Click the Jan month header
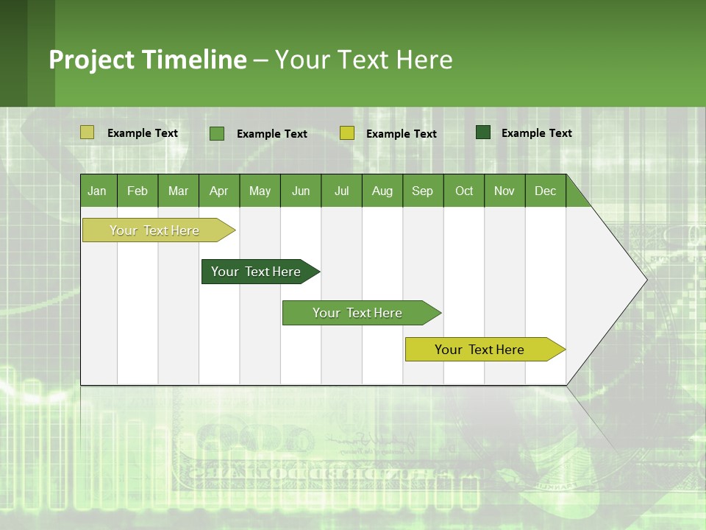(x=97, y=191)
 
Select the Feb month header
(x=138, y=191)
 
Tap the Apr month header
(x=218, y=191)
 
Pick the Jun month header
(x=301, y=191)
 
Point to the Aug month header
(x=382, y=191)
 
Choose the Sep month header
(x=422, y=191)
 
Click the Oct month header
(x=464, y=191)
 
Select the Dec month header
(x=545, y=191)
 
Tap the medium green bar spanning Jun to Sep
(x=358, y=313)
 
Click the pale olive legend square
(x=88, y=132)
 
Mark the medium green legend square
(x=217, y=133)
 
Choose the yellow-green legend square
(x=347, y=133)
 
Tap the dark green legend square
(x=483, y=132)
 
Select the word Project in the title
(x=91, y=60)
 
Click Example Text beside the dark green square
(x=536, y=133)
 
